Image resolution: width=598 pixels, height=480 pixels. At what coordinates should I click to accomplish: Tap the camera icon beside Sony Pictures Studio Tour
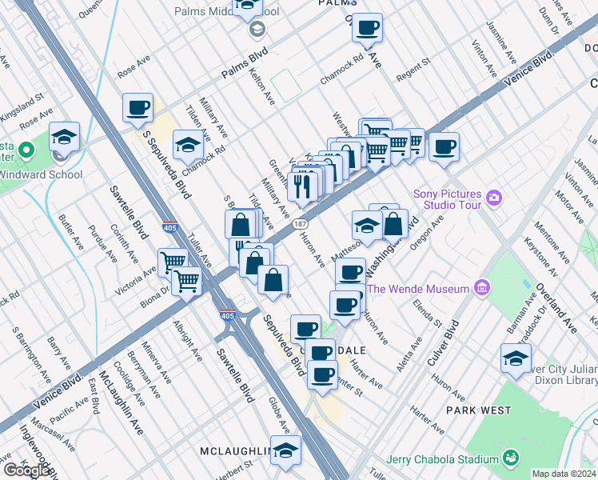click(494, 197)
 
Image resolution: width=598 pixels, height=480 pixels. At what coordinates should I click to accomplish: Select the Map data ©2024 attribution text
click(564, 474)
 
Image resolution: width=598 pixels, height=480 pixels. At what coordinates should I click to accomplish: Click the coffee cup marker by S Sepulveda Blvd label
click(138, 107)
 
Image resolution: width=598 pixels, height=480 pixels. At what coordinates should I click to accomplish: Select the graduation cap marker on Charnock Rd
click(187, 145)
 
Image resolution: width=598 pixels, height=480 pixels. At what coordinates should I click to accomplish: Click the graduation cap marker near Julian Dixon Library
click(516, 358)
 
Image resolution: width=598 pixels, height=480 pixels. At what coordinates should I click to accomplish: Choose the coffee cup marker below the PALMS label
click(367, 28)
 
